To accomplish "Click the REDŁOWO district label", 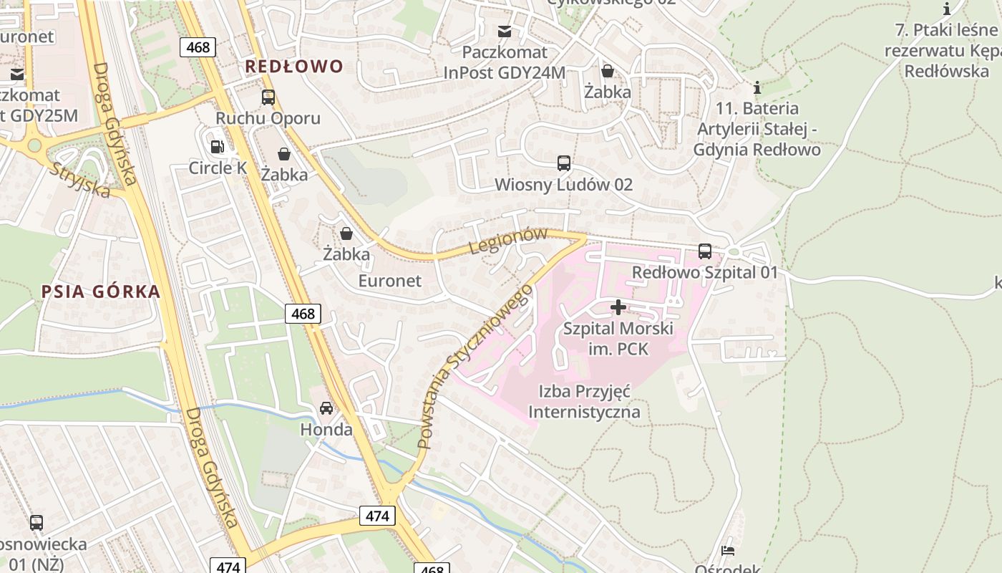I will [x=294, y=67].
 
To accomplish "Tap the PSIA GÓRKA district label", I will [x=100, y=292].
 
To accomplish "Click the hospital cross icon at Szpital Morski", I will [x=618, y=308].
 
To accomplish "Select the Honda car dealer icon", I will [x=326, y=408].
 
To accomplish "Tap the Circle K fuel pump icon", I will [x=217, y=147].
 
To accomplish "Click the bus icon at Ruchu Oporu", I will [x=268, y=97].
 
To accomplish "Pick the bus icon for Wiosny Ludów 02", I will [x=564, y=163].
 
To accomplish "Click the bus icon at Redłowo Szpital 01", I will [x=705, y=251].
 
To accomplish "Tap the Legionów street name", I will [x=508, y=240].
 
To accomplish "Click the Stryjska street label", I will [x=80, y=180].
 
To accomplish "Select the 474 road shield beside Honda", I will [x=377, y=516].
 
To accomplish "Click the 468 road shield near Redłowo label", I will [x=198, y=47].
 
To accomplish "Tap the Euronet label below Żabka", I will [x=390, y=281].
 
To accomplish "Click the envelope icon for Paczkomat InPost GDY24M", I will [x=505, y=31].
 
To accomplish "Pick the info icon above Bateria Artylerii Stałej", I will [x=757, y=88].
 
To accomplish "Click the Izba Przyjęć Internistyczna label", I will [x=584, y=402].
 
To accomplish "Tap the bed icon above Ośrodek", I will [x=728, y=550].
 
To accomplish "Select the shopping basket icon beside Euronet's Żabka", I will [x=346, y=233].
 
